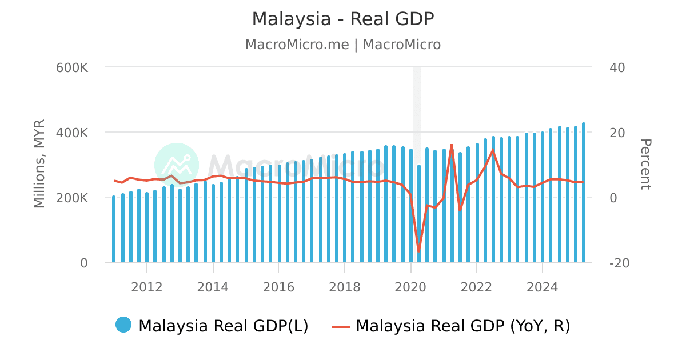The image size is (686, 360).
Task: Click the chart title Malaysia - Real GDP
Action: [343, 19]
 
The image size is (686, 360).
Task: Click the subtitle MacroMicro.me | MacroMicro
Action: [343, 45]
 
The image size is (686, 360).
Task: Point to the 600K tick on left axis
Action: [72, 67]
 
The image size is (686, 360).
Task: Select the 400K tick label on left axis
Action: [72, 133]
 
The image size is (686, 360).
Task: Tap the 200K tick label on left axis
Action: [72, 198]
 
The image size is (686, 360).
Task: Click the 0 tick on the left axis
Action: [83, 263]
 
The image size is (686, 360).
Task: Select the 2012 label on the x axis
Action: [147, 287]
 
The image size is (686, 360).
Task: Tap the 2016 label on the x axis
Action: [278, 287]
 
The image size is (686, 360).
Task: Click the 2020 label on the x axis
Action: [410, 287]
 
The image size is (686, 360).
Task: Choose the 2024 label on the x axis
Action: [542, 287]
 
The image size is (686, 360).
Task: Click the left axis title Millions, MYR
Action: [39, 163]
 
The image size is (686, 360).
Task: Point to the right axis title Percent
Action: [645, 164]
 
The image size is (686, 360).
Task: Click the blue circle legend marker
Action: [123, 325]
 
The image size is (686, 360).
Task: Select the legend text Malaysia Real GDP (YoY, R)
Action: [463, 326]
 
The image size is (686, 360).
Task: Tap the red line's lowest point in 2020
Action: [418, 251]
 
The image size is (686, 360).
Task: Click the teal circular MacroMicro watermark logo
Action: [177, 165]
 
